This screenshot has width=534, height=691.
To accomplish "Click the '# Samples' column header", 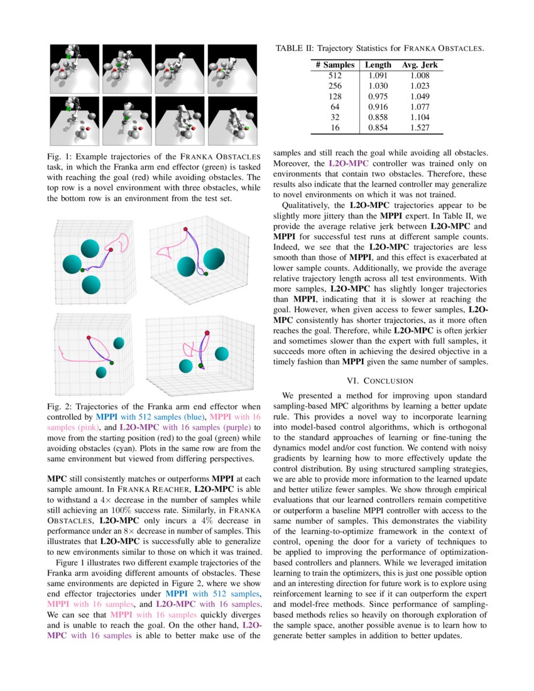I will click(x=335, y=65).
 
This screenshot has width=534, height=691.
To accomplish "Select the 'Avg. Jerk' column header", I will click(x=420, y=65).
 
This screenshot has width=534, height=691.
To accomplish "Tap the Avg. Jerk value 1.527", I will click(x=420, y=127).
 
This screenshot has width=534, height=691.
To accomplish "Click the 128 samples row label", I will click(x=335, y=96).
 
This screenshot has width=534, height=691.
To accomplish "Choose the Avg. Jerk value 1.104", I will click(x=420, y=117).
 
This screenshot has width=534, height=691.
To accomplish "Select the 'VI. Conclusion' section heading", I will click(x=380, y=380).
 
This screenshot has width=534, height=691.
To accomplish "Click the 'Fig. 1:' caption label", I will click(x=58, y=156).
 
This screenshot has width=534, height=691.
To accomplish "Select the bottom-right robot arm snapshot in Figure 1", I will click(x=232, y=121).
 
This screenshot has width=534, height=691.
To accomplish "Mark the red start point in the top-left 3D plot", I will click(x=111, y=250).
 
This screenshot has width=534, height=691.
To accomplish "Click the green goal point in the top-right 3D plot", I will click(x=207, y=275).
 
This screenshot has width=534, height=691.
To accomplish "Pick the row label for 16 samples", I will click(x=335, y=127).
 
